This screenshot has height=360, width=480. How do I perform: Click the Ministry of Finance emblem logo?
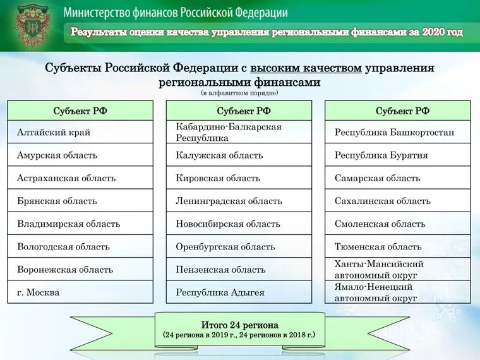[x=32, y=27]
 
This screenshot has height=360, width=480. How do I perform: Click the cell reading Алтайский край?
[x=80, y=132]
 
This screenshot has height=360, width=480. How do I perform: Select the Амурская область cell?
[x=80, y=155]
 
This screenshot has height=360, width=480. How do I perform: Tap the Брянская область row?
[x=80, y=201]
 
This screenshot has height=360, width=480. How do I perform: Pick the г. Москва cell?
[x=80, y=292]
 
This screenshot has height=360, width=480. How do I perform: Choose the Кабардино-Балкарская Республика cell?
[x=239, y=132]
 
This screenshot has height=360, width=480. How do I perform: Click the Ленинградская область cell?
[x=239, y=201]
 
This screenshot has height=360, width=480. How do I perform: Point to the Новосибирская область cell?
[x=239, y=224]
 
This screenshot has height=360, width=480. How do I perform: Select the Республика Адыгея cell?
[x=239, y=292]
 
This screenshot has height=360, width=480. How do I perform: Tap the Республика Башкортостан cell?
[x=398, y=132]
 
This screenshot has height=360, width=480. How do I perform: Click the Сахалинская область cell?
[x=398, y=201]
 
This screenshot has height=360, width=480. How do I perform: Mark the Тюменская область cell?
[x=398, y=246]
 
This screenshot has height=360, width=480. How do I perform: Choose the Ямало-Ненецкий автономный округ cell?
[x=398, y=292]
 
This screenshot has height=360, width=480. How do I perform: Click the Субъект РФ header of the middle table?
[x=239, y=111]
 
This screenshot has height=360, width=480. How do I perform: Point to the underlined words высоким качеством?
[x=306, y=68]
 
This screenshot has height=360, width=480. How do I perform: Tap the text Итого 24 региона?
[x=239, y=325]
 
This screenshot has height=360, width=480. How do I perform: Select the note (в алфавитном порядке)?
[x=239, y=93]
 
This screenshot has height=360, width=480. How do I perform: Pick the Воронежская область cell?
[x=80, y=270]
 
